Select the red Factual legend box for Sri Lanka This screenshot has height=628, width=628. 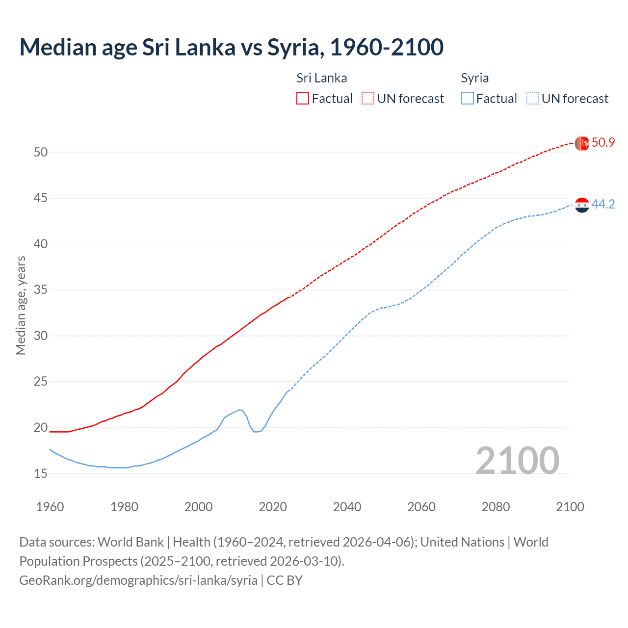303,98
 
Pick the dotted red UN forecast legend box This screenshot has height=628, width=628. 368,98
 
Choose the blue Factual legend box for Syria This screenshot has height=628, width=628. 468,98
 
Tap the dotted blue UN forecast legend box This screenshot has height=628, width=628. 533,98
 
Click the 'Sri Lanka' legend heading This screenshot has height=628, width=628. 321,78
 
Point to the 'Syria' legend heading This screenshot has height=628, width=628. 474,78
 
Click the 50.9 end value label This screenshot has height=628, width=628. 603,143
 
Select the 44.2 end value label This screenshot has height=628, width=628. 603,205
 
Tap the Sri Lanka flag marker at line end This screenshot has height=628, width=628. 582,143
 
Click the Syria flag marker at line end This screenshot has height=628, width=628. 582,205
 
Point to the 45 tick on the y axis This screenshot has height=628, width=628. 41,198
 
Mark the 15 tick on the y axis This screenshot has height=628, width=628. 41,473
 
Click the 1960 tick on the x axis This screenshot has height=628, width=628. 50,507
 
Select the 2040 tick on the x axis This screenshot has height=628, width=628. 347,507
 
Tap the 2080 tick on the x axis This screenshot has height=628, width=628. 496,507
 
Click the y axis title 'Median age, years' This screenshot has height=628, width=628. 21,305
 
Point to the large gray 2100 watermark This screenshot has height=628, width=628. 517,460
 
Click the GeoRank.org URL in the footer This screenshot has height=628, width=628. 138,580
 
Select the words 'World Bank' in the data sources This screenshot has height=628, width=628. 131,542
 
